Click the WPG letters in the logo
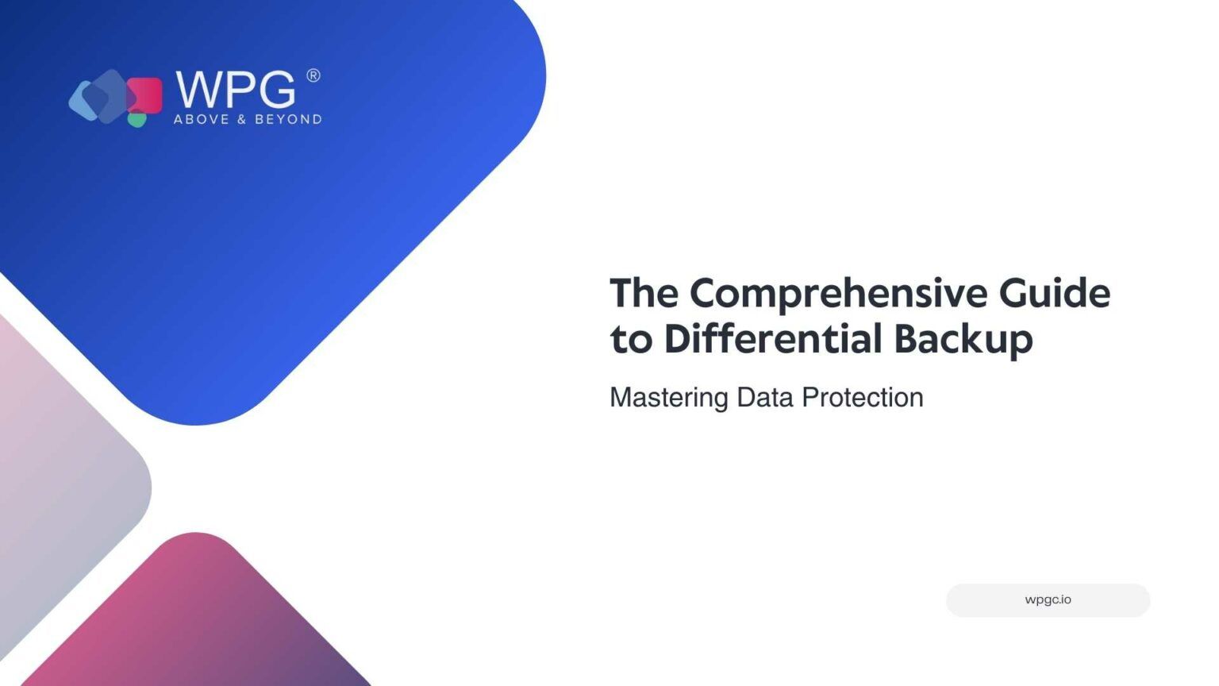click(236, 90)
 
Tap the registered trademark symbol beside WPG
click(313, 75)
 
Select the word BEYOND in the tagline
click(288, 119)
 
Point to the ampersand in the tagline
click(242, 119)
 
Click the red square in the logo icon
click(146, 95)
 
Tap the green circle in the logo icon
click(137, 119)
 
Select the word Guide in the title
click(1055, 293)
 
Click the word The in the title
click(644, 293)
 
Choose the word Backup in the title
click(963, 341)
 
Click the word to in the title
click(631, 341)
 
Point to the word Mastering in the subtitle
click(669, 399)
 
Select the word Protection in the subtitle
click(863, 398)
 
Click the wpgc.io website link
click(1048, 600)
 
